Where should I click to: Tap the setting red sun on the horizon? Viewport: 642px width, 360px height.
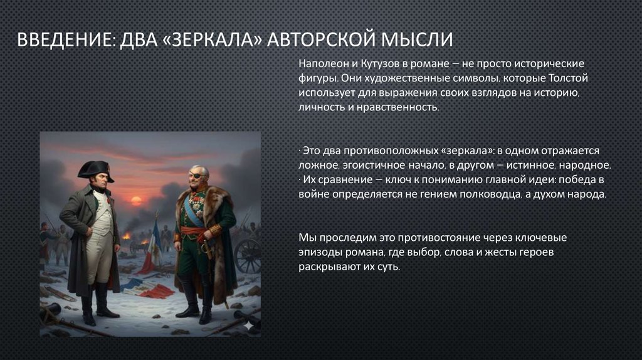point(135,201)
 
